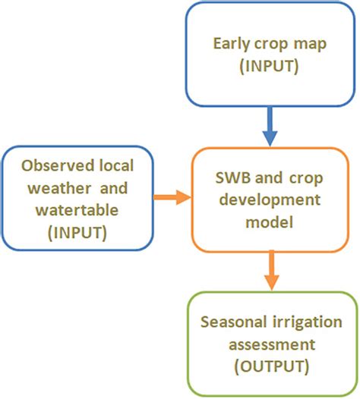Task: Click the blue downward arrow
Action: point(271,127)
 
